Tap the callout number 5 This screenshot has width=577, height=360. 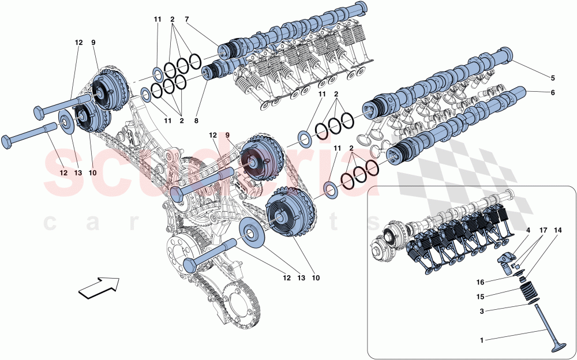552,78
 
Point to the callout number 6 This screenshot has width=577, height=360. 552,93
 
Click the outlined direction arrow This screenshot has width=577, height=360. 98,287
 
